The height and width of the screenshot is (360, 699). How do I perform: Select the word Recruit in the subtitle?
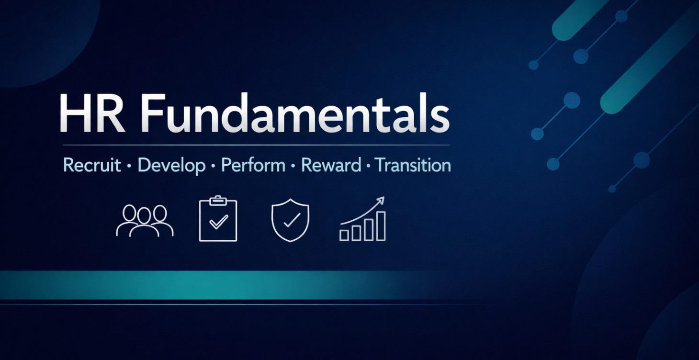(92, 165)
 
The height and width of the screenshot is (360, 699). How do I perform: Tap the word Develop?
(171, 166)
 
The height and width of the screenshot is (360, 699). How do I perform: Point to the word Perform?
(253, 166)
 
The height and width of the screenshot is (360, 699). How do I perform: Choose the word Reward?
(331, 165)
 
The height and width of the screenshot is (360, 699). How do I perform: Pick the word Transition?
(413, 165)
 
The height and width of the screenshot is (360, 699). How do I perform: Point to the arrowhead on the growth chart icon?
(381, 200)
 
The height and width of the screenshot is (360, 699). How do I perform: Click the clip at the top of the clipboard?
(218, 200)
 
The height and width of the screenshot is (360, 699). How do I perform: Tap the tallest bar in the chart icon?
(381, 226)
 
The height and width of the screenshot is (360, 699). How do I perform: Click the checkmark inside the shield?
(291, 220)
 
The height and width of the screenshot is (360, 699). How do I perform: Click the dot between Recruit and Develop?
(129, 166)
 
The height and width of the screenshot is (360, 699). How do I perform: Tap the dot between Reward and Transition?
(368, 166)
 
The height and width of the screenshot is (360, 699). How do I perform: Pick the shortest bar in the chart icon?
(344, 235)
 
